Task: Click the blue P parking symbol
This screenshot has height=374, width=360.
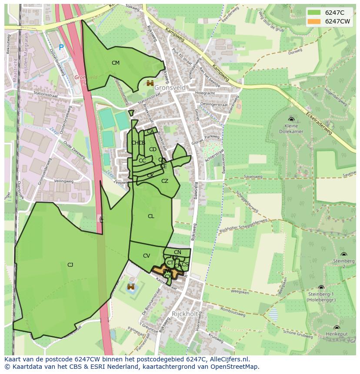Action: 61,48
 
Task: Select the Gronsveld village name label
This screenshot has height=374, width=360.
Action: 170,88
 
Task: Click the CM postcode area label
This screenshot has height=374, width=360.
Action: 115,63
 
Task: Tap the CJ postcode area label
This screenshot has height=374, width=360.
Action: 70,265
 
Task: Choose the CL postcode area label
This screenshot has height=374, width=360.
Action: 151,216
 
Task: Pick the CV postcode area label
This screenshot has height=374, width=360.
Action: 147,256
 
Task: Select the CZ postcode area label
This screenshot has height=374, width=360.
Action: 165,181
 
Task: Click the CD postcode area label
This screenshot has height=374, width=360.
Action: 153,149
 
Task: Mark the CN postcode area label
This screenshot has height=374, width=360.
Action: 177,252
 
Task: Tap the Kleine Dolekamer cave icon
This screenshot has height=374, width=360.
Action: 291,119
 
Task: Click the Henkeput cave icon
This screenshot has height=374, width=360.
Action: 337,328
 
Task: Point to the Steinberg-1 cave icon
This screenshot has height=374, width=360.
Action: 321,288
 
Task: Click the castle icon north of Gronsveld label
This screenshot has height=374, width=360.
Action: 150,83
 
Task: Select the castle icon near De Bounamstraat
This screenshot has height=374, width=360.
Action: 130,287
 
